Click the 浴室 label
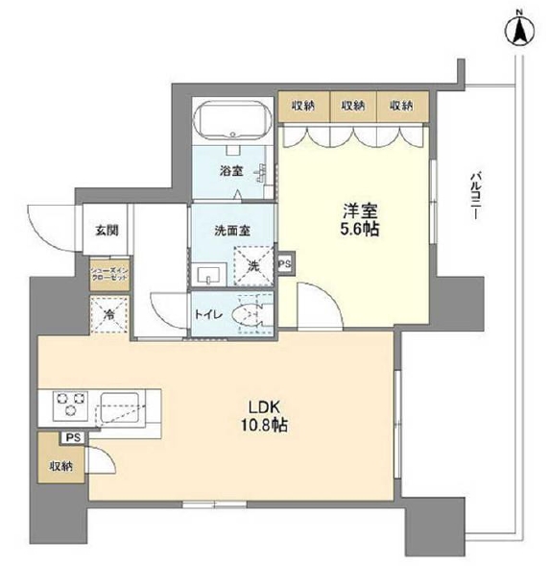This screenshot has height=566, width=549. [230, 172]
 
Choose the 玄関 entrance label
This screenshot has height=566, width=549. [107, 230]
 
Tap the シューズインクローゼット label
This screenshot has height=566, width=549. [107, 274]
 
